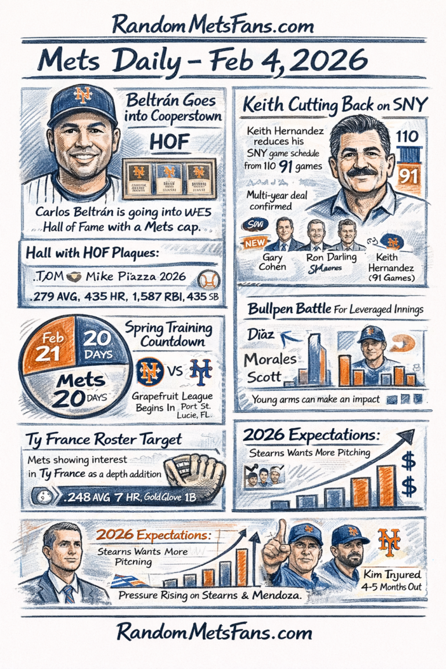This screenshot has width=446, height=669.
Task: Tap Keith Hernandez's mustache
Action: pyautogui.click(x=361, y=172)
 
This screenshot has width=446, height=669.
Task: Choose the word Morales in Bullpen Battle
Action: pyautogui.click(x=270, y=359)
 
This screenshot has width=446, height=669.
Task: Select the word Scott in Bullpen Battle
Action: pyautogui.click(x=265, y=377)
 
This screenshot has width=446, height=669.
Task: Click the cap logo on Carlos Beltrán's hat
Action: pyautogui.click(x=83, y=95)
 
